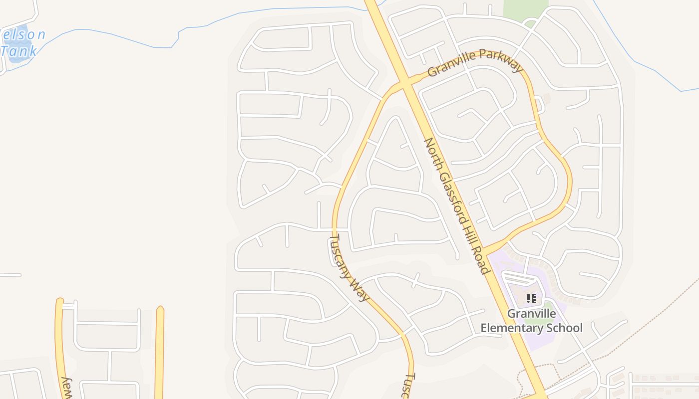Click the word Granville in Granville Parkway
click(452, 64)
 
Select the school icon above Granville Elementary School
click(531, 299)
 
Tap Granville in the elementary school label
click(531, 314)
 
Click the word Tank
click(19, 50)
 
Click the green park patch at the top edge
click(525, 10)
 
